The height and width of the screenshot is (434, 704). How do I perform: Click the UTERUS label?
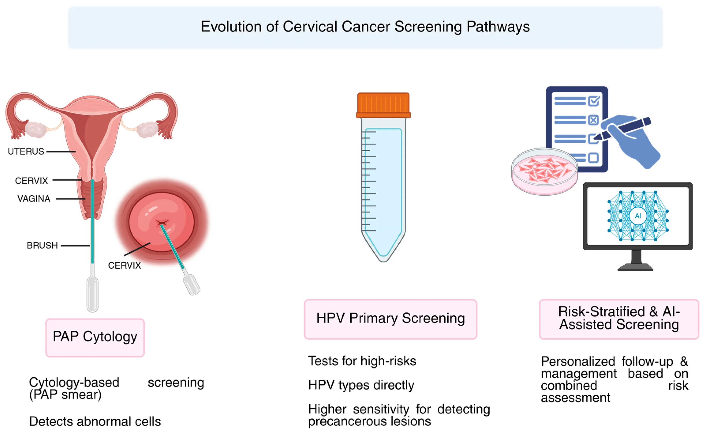pos(26,151)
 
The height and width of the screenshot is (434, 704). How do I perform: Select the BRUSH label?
pos(42,245)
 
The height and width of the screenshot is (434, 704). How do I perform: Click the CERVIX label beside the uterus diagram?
pos(31,181)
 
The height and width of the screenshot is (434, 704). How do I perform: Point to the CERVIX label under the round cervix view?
pos(124,266)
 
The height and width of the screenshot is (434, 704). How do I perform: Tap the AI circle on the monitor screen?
pos(638,215)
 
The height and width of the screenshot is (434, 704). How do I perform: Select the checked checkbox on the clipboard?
pos(594,101)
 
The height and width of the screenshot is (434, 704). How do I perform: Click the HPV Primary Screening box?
pos(390,319)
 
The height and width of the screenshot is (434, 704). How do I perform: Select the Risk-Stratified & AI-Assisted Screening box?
pos(619,319)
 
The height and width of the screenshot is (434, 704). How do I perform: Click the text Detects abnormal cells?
pos(95,421)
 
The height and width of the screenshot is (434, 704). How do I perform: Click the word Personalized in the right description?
pos(578,361)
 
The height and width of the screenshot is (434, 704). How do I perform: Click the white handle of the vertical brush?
pos(92,294)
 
